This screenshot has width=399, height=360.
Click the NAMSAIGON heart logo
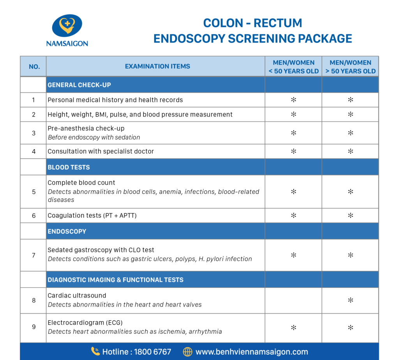[x=67, y=26]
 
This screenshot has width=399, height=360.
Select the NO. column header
[x=34, y=67]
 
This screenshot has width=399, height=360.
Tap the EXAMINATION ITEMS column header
[x=157, y=67]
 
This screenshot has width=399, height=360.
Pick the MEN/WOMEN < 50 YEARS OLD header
[x=293, y=67]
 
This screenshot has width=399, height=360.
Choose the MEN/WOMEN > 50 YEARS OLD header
[x=350, y=67]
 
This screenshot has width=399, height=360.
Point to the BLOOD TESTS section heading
[x=69, y=167]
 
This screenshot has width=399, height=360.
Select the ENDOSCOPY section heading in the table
[x=67, y=231]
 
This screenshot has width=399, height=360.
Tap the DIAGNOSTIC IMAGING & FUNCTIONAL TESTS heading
[x=115, y=280]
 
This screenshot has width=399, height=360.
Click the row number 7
[x=34, y=255]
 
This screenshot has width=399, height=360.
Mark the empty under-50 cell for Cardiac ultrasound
[x=293, y=300]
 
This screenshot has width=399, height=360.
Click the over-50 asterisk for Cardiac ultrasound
[x=350, y=300]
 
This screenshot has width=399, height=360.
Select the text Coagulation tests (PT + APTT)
[x=92, y=215]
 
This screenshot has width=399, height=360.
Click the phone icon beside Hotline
[x=95, y=351]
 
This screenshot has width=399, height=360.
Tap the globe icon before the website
[x=188, y=352]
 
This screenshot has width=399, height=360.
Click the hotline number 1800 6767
[x=152, y=352]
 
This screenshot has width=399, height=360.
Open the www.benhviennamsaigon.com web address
[x=252, y=352]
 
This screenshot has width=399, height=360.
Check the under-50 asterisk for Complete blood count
[x=293, y=192]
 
